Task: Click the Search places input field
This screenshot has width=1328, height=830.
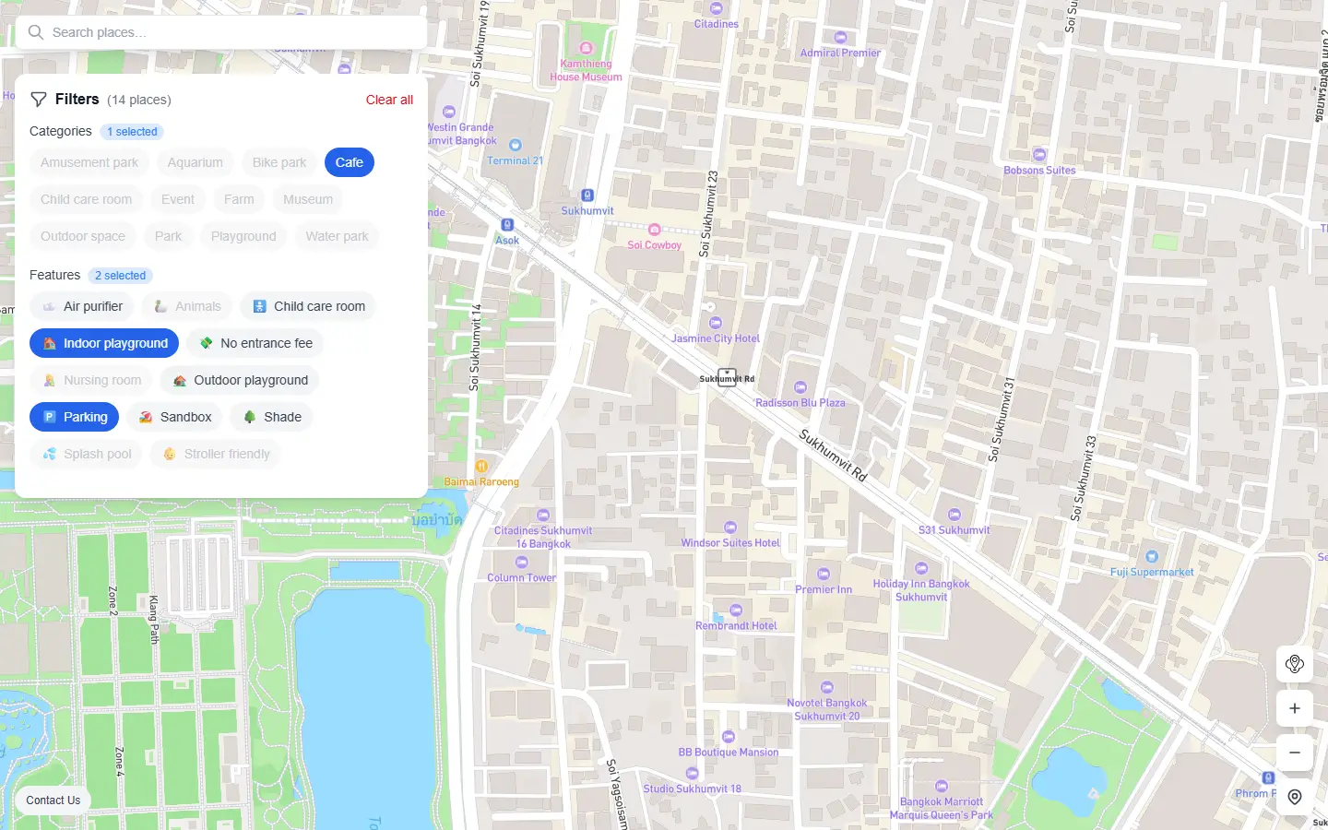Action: point(231,32)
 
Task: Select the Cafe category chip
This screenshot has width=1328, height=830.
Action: point(349,162)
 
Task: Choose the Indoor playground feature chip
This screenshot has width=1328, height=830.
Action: point(104,343)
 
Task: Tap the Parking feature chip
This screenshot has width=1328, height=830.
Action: point(75,417)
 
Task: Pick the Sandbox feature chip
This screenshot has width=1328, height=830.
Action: point(175,417)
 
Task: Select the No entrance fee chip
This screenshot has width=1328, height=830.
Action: point(255,343)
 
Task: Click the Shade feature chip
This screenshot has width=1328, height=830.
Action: point(272,417)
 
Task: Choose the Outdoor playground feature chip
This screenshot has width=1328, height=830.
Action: point(240,380)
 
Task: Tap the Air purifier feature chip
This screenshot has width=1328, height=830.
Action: point(82,306)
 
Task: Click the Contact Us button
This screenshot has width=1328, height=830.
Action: point(53,800)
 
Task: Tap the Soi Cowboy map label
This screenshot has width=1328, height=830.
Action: point(654,244)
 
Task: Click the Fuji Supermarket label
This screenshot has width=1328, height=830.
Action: point(1152,572)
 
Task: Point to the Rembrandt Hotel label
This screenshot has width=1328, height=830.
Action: point(736,625)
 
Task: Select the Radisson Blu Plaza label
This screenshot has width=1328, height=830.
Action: point(800,402)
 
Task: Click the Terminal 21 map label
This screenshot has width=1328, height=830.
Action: point(515,160)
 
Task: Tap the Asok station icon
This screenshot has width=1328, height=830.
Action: point(506,225)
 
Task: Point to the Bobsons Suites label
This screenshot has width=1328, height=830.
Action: point(1039,170)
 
